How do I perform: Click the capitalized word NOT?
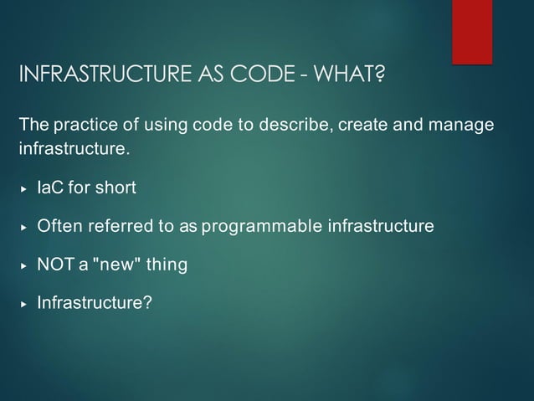coord(55,265)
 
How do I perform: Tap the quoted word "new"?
coord(116,265)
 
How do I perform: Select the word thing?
coord(167,265)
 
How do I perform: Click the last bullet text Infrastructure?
coord(95,302)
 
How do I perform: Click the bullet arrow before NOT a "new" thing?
coord(24,265)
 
